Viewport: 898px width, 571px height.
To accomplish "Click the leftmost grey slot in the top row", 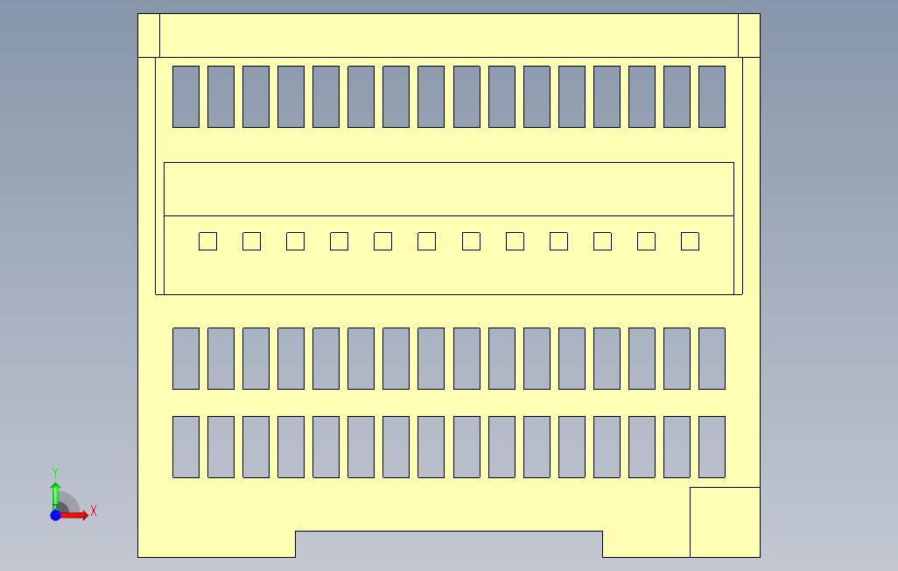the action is (x=186, y=96).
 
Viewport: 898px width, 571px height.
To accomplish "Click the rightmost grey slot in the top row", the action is (x=712, y=96).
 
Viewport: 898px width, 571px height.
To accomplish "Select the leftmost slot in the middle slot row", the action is (x=186, y=358).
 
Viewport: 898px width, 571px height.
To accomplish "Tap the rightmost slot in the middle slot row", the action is (x=712, y=358).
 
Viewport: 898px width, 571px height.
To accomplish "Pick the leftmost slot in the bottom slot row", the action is (x=186, y=447).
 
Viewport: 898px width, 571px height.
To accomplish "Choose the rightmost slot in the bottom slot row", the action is (x=712, y=447).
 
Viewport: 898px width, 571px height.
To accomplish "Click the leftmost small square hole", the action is (x=207, y=241).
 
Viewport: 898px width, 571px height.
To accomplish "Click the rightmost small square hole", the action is (x=690, y=241).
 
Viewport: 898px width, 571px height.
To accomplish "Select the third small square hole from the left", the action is (x=295, y=241).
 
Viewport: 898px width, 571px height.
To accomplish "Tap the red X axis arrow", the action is (x=77, y=515).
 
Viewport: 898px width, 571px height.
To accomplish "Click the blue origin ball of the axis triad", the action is (x=55, y=515).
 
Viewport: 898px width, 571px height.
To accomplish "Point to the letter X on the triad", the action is (x=94, y=511).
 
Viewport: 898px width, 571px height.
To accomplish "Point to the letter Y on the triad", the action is (x=55, y=471).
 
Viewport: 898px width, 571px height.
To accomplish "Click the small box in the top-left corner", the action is (x=149, y=35).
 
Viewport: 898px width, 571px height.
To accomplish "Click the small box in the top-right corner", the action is (x=749, y=35).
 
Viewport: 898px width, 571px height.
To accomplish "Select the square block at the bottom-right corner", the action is (x=725, y=522).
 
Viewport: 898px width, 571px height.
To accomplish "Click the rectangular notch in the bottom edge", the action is (x=448, y=544).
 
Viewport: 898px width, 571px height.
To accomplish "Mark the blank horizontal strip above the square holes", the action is (x=448, y=189).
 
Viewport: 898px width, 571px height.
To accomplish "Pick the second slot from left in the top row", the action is (x=221, y=96).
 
